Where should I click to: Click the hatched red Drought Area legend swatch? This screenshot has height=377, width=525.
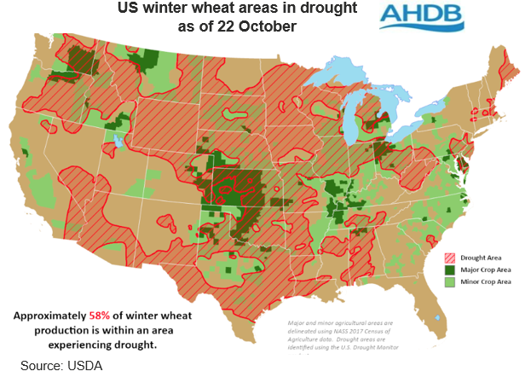click(x=449, y=256)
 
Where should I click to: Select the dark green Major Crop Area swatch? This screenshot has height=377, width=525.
click(x=449, y=269)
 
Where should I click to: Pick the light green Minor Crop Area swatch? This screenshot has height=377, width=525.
click(x=449, y=281)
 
